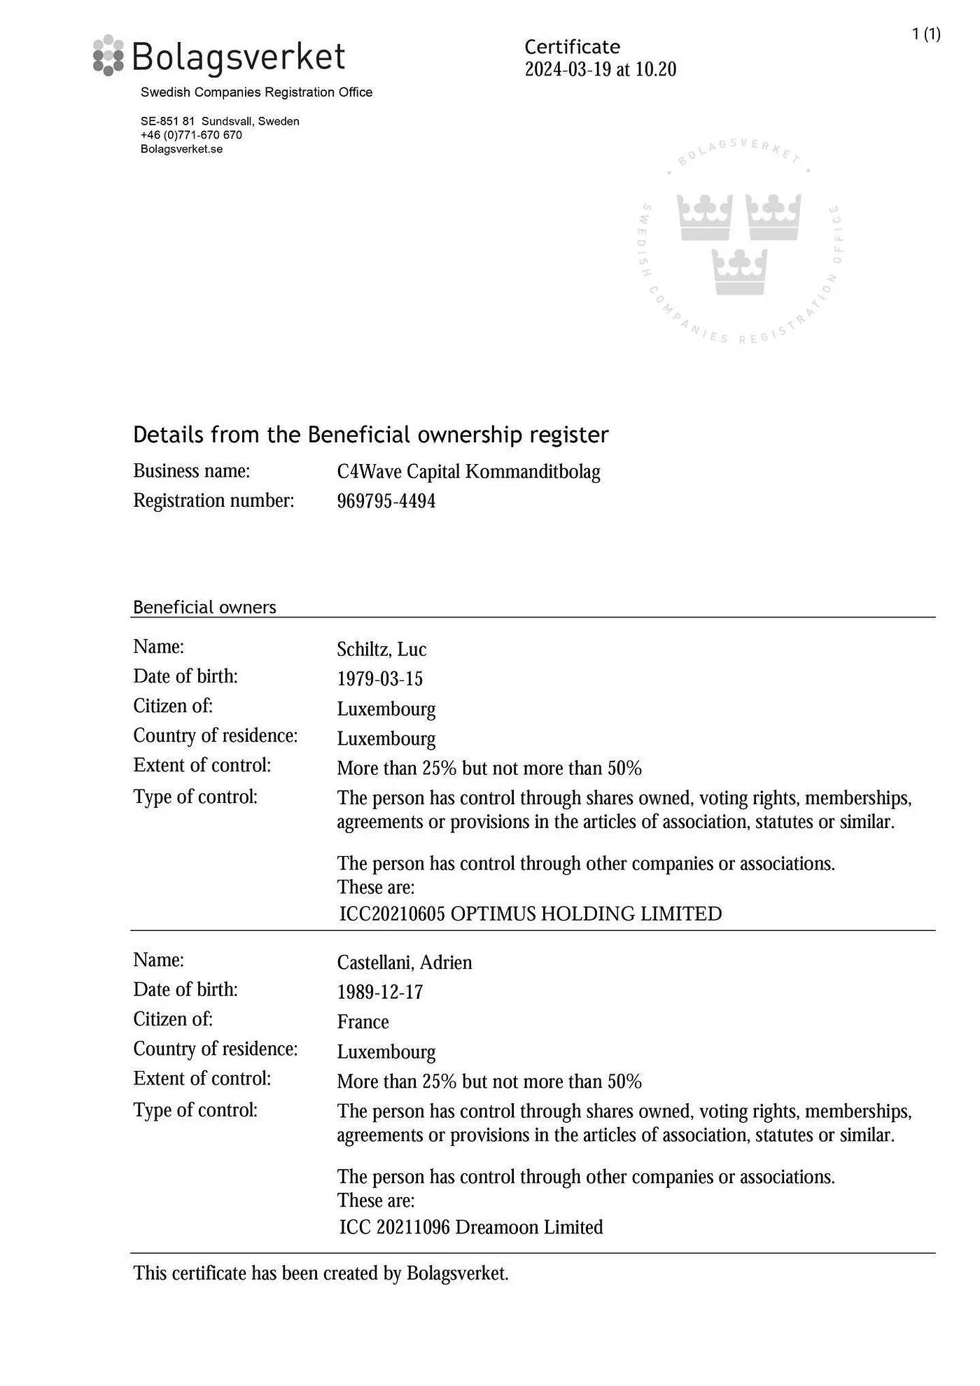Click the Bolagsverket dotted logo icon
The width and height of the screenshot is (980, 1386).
[x=108, y=55]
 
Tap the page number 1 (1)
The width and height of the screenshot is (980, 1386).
[x=925, y=34]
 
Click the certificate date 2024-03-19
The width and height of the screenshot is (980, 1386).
[x=568, y=69]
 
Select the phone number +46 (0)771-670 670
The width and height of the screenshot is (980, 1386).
[x=191, y=135]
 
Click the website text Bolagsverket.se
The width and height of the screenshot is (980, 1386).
[x=181, y=149]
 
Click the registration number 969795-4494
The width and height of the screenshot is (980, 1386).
[x=386, y=501]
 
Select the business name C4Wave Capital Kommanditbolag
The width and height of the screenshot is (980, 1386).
[x=468, y=472]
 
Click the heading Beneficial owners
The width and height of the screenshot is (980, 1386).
[x=204, y=607]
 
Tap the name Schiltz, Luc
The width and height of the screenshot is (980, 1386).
[x=381, y=650]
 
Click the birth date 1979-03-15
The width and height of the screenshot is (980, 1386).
[x=379, y=679]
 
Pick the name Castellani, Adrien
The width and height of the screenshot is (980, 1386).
[x=404, y=962]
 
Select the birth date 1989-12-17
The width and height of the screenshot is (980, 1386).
[x=379, y=992]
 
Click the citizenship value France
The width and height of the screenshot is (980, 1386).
[x=363, y=1022]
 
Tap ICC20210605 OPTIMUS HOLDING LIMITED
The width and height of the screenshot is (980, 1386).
[x=530, y=914]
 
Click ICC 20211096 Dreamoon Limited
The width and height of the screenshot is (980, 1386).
[x=470, y=1227]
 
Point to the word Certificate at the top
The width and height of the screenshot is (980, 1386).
[x=572, y=47]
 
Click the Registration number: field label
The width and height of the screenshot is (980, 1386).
[x=213, y=501]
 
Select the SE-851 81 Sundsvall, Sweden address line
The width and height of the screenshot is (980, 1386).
[x=220, y=121]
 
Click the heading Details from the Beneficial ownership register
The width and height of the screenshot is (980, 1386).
[x=370, y=435]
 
